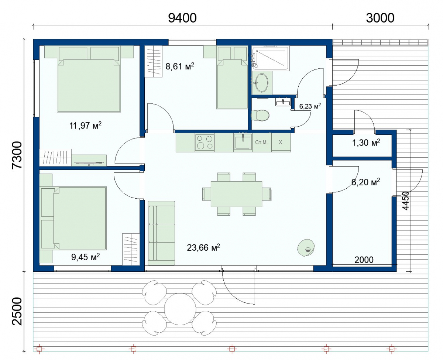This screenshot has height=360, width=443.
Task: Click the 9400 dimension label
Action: click(182, 18)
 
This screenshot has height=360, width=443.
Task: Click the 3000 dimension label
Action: click(380, 18)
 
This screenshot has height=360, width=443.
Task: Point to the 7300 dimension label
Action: click(17, 155)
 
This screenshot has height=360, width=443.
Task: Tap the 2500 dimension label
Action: click(17, 311)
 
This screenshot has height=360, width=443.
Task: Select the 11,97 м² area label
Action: click(85, 126)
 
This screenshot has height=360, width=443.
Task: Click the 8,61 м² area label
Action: click(180, 66)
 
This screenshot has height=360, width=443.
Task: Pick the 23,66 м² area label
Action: click(203, 247)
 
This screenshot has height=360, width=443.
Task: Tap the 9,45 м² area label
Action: click(86, 257)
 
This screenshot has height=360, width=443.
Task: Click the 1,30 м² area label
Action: click(366, 143)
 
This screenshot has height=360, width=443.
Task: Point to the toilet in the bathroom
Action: click(260, 115)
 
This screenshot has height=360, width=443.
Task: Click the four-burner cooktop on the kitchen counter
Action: click(205, 143)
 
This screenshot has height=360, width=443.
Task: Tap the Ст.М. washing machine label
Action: click(262, 143)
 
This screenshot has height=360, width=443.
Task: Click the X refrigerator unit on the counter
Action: click(281, 142)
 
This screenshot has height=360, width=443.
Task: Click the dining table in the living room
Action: click(237, 194)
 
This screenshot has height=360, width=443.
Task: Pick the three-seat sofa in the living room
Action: click(161, 233)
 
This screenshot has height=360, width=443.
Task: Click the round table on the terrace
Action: click(180, 309)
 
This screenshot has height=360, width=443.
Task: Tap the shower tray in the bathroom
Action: click(271, 58)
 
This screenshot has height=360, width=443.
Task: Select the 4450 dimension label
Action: click(406, 200)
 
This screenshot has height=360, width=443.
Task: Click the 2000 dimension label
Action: click(364, 260)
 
